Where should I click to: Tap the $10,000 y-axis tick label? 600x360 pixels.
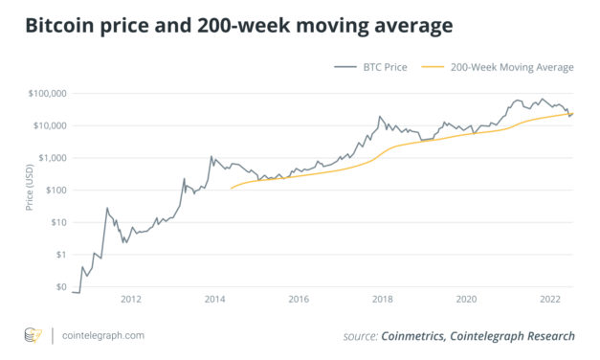coord(49,126)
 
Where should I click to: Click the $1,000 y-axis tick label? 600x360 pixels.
coord(51,158)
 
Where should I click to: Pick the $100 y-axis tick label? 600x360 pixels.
coord(55,191)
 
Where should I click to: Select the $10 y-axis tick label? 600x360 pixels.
coord(56,222)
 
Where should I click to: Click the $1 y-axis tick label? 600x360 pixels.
coord(59,255)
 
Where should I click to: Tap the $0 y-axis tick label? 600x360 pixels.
coord(59,286)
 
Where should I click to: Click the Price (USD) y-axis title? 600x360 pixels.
coord(29,191)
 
